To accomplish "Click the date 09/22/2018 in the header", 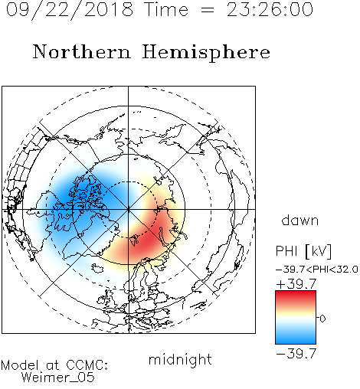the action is pos(70,10).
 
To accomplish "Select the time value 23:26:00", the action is pos(270,9).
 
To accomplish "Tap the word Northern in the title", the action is pos(82,51).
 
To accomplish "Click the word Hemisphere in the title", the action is pos(206,52).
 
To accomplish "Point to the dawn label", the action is pos(300,221).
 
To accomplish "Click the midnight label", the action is pos(180,360).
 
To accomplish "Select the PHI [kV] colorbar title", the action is pos(303,251).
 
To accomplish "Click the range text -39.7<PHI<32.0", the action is pos(317,270).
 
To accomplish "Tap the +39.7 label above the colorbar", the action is pos(296,284).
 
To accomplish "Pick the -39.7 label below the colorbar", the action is pos(296,354).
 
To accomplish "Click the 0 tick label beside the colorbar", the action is pos(322,319).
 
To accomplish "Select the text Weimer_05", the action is pos(58,377).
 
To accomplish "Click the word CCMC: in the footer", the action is pos(87,365).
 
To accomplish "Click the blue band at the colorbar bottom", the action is pos(296,338).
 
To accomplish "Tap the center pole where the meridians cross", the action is pos(128,209).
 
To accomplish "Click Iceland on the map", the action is pos(97,268).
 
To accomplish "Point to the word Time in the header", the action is pos(166,9).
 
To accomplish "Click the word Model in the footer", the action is pos(20,365).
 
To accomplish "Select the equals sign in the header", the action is pos(208,11).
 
